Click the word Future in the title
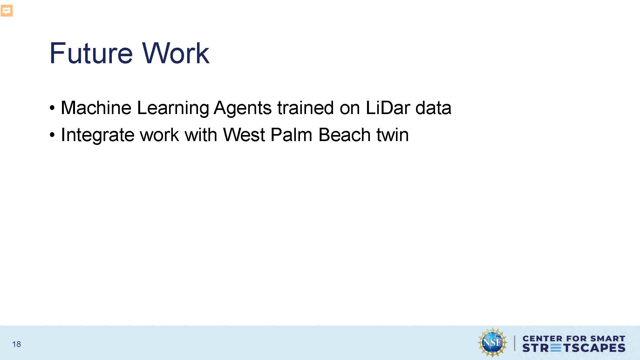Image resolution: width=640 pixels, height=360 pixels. pyautogui.click(x=91, y=53)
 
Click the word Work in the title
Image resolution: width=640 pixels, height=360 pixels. pyautogui.click(x=176, y=53)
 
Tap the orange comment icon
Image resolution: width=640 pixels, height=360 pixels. pyautogui.click(x=7, y=10)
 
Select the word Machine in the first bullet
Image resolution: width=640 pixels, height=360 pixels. pyautogui.click(x=96, y=108)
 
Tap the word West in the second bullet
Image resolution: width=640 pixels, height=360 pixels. pyautogui.click(x=244, y=135)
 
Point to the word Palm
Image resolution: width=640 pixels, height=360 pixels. pyautogui.click(x=292, y=135)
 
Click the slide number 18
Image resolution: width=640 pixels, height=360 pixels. pyautogui.click(x=17, y=344)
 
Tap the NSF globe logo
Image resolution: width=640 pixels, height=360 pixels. pyautogui.click(x=492, y=343)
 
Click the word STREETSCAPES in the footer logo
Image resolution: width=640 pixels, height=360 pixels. pyautogui.click(x=574, y=348)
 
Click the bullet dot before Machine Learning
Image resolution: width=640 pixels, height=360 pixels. pyautogui.click(x=52, y=108)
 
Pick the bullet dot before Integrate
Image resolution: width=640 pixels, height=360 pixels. pyautogui.click(x=52, y=135)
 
